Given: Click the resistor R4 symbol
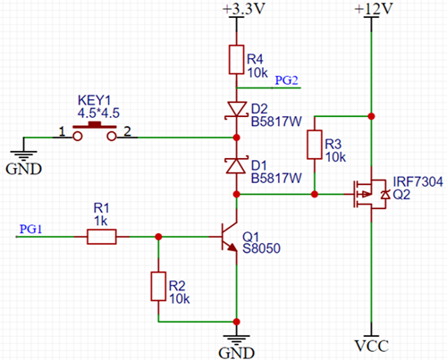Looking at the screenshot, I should coord(236,61).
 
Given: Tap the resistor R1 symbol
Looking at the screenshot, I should coord(101,237).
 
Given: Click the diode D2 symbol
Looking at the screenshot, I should coord(236,109).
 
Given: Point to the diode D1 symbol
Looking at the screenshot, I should coord(236,165).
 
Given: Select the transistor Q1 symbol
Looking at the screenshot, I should coord(230,237).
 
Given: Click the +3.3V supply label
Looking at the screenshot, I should coord(237,10).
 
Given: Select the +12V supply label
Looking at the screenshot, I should coord(369,10).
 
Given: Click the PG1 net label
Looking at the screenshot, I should coord(30,229).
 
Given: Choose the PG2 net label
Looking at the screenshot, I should coord(286,80).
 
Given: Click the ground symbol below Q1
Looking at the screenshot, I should coord(236,339).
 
